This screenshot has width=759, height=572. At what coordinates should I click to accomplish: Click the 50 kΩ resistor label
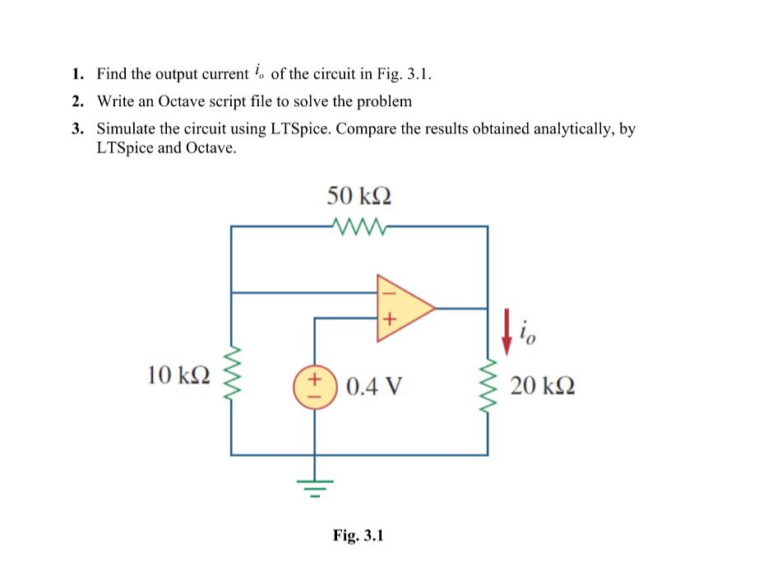click(359, 195)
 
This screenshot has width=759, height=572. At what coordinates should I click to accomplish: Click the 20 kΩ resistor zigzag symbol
click(488, 384)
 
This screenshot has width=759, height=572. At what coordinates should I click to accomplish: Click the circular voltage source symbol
click(312, 384)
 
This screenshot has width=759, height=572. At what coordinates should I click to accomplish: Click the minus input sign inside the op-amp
click(388, 291)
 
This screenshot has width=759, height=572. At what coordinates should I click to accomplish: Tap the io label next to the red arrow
click(527, 333)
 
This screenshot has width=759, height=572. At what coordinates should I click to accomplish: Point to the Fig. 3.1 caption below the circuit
click(359, 536)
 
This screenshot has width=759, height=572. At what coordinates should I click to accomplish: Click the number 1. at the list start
click(76, 74)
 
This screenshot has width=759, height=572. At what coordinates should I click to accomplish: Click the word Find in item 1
click(112, 74)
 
